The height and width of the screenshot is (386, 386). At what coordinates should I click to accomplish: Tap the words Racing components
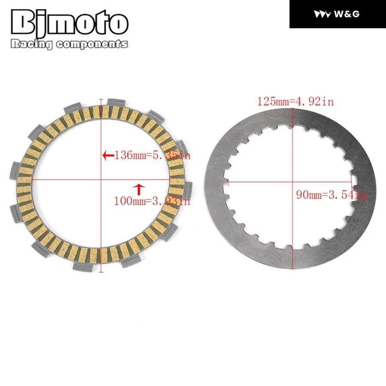tap(69, 44)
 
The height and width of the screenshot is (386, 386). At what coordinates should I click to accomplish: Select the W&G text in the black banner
tap(347, 14)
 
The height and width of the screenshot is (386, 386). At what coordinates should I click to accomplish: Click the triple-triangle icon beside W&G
tap(322, 14)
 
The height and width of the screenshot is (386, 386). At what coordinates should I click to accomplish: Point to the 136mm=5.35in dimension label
tap(153, 155)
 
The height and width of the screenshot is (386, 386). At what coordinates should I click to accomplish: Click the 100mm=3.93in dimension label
tap(152, 201)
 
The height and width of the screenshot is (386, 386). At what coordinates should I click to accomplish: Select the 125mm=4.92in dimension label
tap(296, 101)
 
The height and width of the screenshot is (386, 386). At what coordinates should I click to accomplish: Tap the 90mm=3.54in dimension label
tap(332, 195)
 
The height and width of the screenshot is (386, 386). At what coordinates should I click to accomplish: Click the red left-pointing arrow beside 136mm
tap(108, 155)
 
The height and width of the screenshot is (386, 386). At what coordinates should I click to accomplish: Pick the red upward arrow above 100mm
tap(139, 190)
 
